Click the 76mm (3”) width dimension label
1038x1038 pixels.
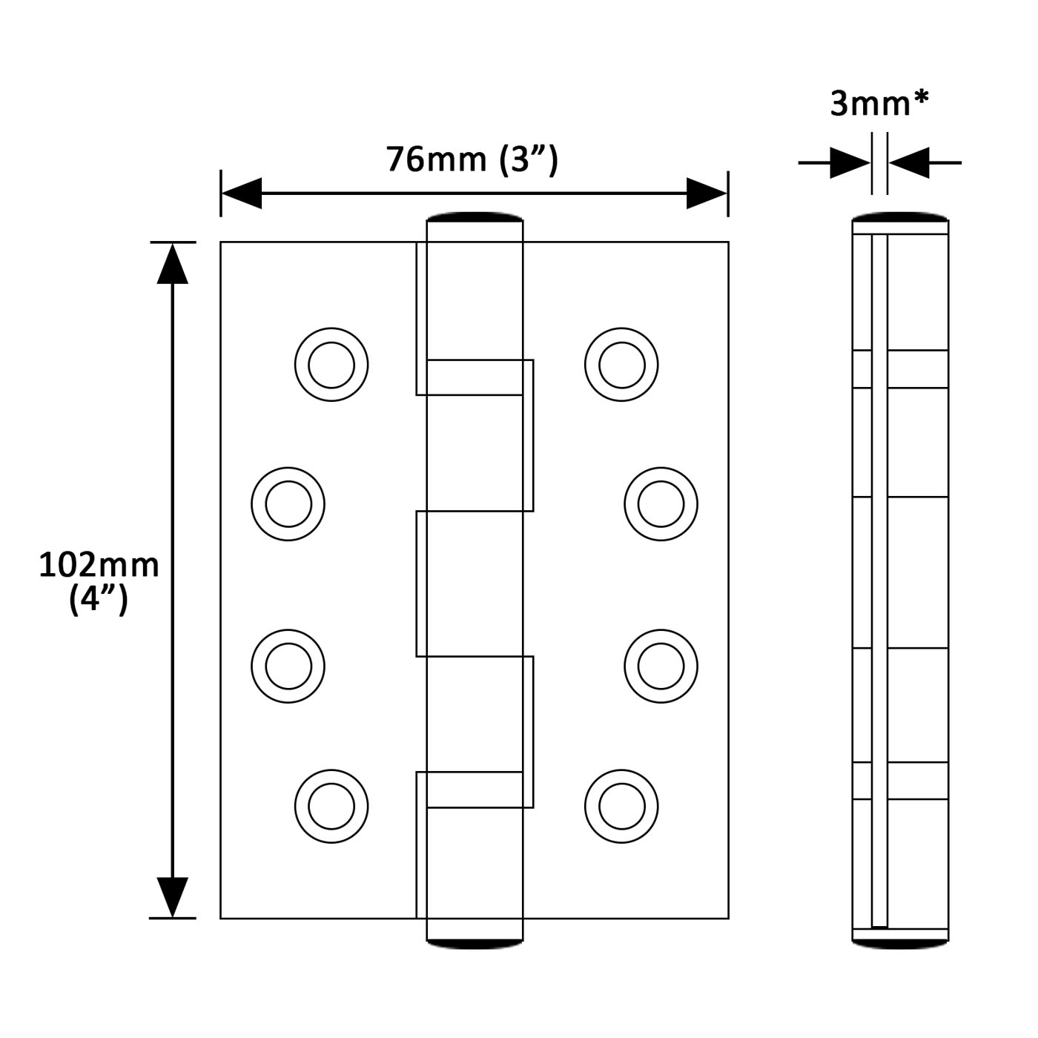point(472,159)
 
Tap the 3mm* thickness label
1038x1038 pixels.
point(879,104)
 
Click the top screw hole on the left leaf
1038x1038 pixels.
point(331,366)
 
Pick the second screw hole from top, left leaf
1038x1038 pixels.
point(288,504)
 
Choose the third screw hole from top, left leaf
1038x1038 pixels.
point(288,665)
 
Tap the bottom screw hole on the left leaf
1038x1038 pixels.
point(331,806)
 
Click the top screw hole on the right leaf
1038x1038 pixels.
point(621,366)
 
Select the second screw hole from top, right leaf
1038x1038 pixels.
point(661,504)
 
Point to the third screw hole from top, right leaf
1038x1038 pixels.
point(661,665)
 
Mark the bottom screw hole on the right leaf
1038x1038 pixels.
point(621,806)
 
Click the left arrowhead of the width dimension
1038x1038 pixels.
point(242,194)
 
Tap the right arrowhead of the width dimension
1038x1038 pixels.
point(707,194)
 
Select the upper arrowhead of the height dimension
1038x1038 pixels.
point(173,264)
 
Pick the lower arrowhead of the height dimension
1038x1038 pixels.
point(173,896)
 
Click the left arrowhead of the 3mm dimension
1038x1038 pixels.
point(850,162)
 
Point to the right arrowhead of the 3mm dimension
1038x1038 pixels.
point(909,162)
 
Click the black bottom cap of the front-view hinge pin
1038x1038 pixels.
point(475,944)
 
